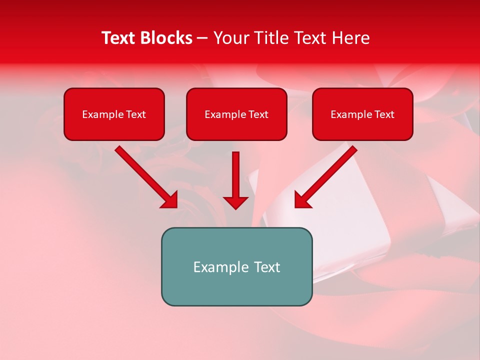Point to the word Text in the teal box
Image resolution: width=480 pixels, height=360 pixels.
click(267, 267)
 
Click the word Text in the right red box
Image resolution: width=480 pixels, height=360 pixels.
click(384, 114)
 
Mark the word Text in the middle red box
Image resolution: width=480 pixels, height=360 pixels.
click(258, 114)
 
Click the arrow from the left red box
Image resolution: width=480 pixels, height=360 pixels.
click(145, 176)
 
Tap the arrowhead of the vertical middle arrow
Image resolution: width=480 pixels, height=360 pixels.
click(235, 202)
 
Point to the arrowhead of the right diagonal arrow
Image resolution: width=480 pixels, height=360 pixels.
click(301, 200)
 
